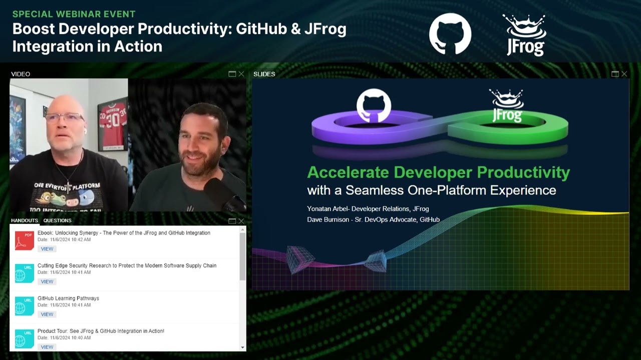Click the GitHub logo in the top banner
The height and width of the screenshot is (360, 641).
450,33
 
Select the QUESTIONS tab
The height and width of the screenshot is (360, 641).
57,220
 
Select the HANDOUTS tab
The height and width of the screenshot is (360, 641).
25,220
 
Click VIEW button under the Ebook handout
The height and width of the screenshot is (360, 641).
47,249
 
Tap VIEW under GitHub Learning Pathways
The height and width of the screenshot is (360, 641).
47,314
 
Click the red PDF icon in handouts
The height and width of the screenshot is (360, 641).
24,240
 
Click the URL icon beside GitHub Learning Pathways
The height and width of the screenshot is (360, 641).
24,306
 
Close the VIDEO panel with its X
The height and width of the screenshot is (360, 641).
241,74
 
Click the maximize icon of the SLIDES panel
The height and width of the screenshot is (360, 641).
615,74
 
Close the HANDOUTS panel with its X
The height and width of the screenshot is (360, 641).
241,221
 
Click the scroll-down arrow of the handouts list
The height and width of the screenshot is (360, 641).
243,347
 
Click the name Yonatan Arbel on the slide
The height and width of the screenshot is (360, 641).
327,209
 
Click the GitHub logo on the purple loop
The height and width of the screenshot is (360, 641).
374,105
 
